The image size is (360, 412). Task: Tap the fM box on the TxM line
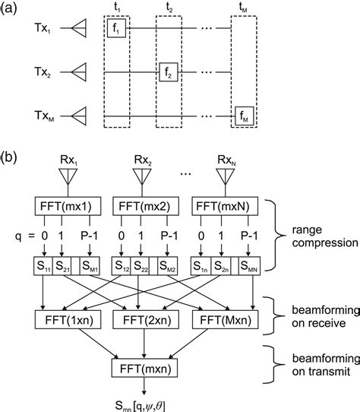click(244, 116)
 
